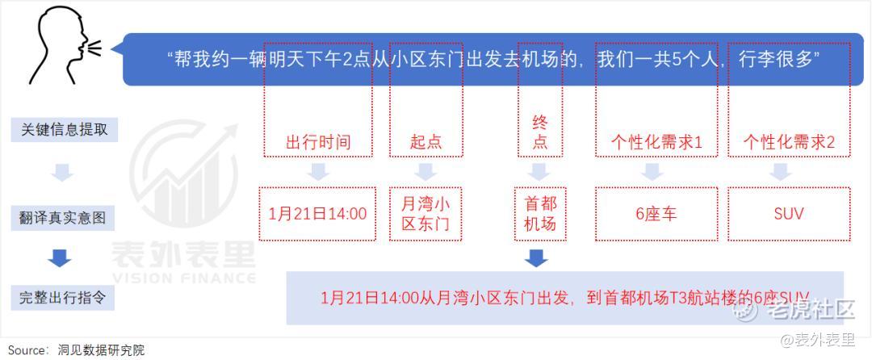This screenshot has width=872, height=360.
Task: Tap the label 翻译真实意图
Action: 62,217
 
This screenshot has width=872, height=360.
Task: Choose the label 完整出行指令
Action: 62,299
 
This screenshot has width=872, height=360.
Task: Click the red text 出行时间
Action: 318,142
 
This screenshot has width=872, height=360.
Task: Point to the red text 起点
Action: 426,142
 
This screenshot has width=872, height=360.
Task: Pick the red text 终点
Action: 540,132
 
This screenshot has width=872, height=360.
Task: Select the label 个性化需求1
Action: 656,143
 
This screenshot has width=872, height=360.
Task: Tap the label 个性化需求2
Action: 789,143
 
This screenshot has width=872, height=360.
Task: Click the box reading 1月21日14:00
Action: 317,214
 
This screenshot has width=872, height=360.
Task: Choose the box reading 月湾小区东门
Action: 426,214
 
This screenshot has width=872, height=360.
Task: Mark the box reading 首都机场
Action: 540,214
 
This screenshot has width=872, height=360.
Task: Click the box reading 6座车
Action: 656,214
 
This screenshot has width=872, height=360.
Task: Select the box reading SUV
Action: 789,214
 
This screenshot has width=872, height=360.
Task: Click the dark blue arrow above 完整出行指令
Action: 60,258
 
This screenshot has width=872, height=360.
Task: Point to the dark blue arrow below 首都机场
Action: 537,258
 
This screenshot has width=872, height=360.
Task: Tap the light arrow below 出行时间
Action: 318,172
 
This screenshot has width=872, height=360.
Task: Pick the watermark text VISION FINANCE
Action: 183,278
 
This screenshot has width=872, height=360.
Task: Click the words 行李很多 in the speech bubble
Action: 776,60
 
